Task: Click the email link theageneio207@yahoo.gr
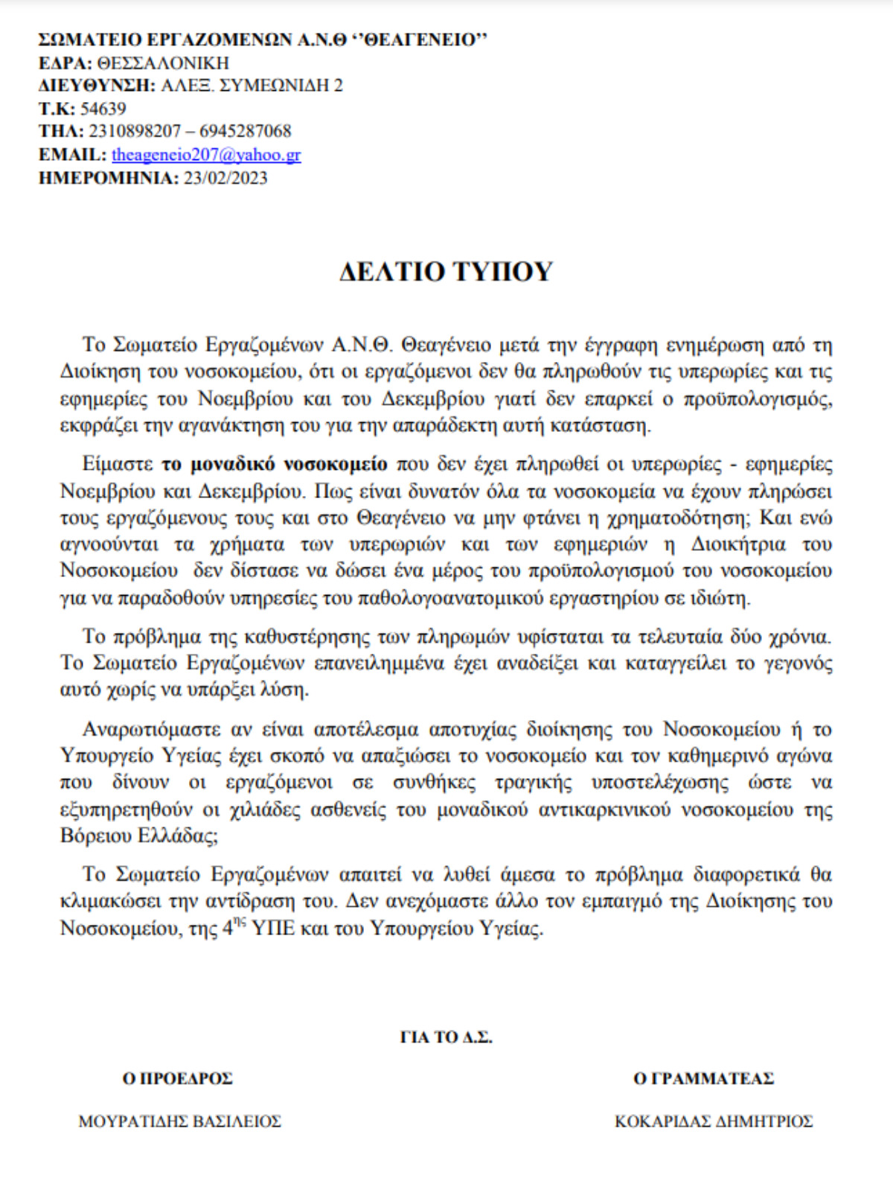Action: tap(206, 155)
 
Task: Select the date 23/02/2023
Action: tap(225, 178)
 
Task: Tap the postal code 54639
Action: tap(103, 109)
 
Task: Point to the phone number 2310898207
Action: tap(134, 132)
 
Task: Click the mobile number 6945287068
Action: tap(245, 132)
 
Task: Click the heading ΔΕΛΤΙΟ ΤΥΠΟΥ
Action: tap(446, 272)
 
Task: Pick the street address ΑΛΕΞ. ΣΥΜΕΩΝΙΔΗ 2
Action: tap(252, 86)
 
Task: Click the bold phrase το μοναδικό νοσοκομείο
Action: tap(275, 465)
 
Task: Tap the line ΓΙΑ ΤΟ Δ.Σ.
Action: tap(446, 1037)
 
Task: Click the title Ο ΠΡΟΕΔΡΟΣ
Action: tap(178, 1078)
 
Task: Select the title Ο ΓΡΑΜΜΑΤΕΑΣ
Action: tap(703, 1078)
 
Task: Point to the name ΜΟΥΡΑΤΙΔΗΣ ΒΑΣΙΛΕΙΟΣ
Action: tap(179, 1121)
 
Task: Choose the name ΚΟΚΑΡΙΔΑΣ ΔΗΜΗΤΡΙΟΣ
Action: tap(713, 1121)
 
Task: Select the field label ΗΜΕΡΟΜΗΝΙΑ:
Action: tap(108, 178)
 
